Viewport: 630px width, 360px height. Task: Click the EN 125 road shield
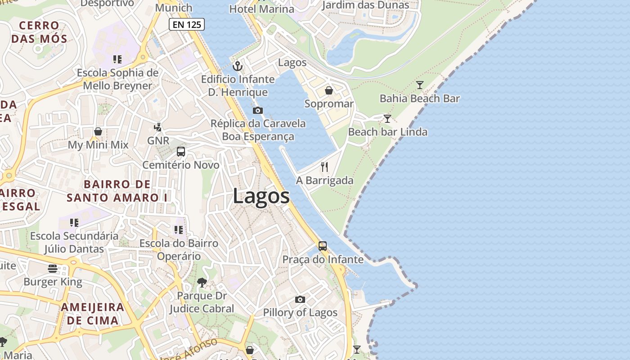tap(187, 24)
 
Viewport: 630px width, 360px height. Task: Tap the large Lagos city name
tap(261, 197)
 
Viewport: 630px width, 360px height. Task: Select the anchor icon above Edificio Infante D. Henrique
tap(238, 67)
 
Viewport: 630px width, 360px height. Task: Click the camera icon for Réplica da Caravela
tap(258, 110)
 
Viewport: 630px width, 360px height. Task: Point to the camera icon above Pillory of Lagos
tap(300, 299)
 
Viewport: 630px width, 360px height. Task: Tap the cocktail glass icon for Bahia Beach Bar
tap(420, 85)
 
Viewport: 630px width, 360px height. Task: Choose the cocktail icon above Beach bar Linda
tap(387, 119)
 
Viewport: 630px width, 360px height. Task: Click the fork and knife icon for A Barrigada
tap(324, 167)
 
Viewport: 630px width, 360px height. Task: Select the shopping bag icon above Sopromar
tap(329, 90)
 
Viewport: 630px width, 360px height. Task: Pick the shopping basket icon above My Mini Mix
tap(98, 131)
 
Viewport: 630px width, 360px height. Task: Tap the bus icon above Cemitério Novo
tap(181, 152)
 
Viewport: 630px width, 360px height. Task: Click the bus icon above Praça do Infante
tap(323, 246)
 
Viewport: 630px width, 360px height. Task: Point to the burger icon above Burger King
tap(53, 269)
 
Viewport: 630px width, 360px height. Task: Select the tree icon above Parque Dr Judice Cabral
tap(202, 283)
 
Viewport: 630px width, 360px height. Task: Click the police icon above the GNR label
tap(158, 127)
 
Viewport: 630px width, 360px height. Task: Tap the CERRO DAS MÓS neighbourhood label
tap(39, 32)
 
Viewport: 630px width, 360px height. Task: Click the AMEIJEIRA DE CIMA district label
tap(92, 314)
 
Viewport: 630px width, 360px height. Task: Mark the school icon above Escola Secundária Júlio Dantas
tap(74, 222)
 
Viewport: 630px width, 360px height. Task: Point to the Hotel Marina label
tap(261, 9)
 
